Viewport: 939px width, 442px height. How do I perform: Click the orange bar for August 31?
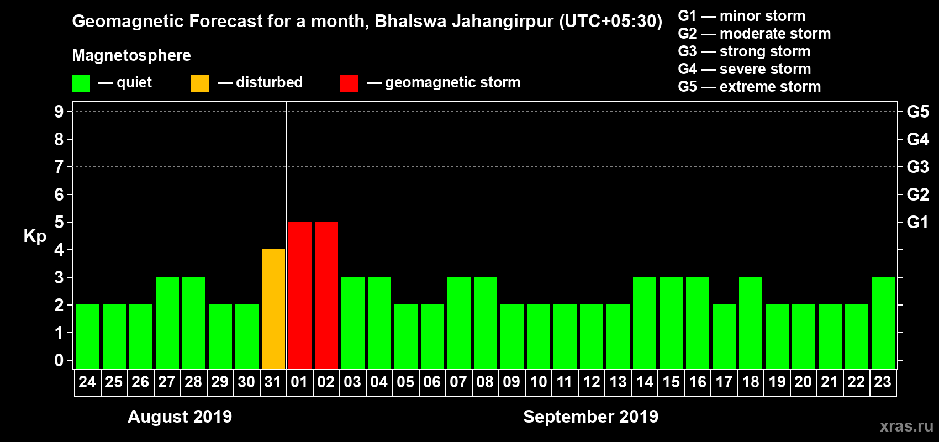tap(273, 309)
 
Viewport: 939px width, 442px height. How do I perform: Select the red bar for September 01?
tap(300, 295)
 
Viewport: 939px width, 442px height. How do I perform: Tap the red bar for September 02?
tap(326, 295)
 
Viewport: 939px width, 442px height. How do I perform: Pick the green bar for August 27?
tap(167, 323)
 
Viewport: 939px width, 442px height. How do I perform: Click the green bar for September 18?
tap(751, 323)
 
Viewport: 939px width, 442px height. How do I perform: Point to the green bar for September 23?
tap(883, 323)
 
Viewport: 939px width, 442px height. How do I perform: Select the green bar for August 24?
tap(88, 336)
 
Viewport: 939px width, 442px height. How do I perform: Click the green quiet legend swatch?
tap(81, 83)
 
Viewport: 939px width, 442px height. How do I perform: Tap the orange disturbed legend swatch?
tap(200, 83)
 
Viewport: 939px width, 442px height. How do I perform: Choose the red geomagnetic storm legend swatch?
tap(349, 83)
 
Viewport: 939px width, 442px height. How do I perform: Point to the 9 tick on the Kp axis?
tap(59, 112)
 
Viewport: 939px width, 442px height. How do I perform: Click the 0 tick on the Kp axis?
tap(59, 360)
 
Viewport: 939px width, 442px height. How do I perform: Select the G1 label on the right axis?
tap(917, 222)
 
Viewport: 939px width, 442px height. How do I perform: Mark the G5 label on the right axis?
tap(917, 112)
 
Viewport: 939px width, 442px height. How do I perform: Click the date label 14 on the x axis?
tap(645, 382)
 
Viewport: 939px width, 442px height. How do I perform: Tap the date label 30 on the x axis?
tap(246, 382)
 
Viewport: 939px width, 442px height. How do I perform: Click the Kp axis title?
tap(35, 236)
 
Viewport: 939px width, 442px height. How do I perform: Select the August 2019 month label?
tap(180, 417)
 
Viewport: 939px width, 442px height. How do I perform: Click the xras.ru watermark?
tap(906, 426)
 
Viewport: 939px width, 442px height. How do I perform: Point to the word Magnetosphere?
tap(131, 55)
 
